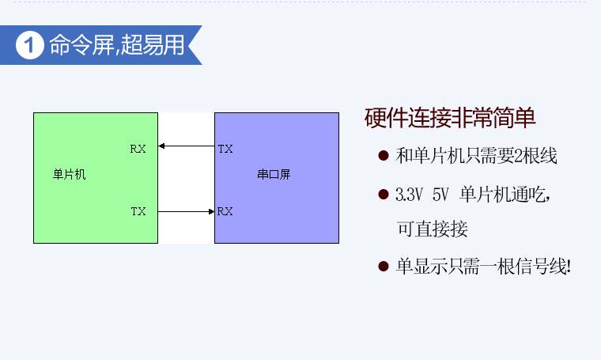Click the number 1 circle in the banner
(29, 46)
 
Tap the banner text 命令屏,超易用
(116, 46)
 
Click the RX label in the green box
(138, 148)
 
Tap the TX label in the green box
(138, 211)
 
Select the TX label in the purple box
(225, 148)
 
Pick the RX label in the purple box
(225, 211)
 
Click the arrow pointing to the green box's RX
(186, 146)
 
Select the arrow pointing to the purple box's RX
(186, 211)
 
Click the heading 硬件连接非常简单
(450, 119)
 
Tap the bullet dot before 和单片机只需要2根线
(384, 157)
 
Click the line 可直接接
(432, 229)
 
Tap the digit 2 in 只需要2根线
(519, 157)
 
